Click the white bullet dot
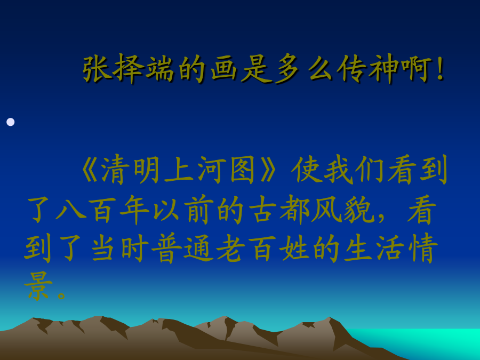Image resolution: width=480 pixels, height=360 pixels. click(x=11, y=122)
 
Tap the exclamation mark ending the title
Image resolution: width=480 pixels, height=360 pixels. click(x=441, y=69)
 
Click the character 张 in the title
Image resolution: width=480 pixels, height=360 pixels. click(x=97, y=69)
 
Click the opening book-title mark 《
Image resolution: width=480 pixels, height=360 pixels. click(x=90, y=170)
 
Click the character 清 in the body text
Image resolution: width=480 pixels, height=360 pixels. click(x=115, y=170)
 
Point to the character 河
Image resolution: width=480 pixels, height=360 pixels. click(x=210, y=170)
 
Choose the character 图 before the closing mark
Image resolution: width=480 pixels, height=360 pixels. click(x=242, y=170)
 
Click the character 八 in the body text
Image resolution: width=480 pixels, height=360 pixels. click(x=71, y=210)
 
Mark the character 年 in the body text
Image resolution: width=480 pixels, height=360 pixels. click(x=135, y=210)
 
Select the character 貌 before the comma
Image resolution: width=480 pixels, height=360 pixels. click(x=358, y=210)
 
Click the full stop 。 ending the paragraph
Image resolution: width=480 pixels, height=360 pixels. click(x=61, y=295)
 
